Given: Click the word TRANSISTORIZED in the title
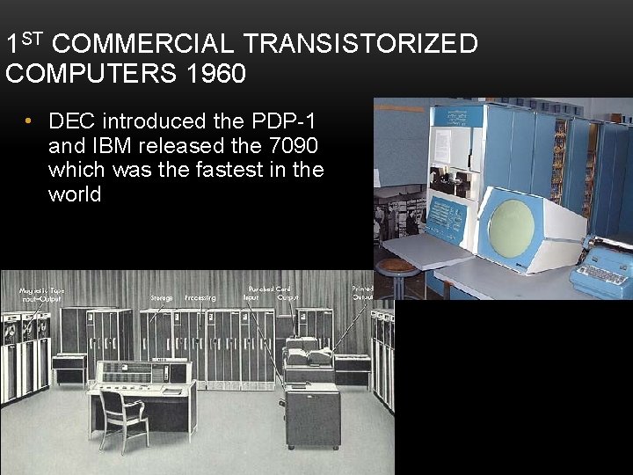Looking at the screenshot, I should tap(360, 44).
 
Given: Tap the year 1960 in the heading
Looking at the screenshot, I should tap(216, 74).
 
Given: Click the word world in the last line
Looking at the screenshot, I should tap(75, 194).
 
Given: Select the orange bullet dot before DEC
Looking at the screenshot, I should tap(29, 121).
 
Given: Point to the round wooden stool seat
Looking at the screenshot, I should tap(397, 264).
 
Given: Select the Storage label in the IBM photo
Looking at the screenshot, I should tap(162, 298).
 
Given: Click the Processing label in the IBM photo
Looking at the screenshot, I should tap(200, 298).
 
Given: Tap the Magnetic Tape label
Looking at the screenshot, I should tap(42, 291).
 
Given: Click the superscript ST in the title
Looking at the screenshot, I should tap(32, 37).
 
